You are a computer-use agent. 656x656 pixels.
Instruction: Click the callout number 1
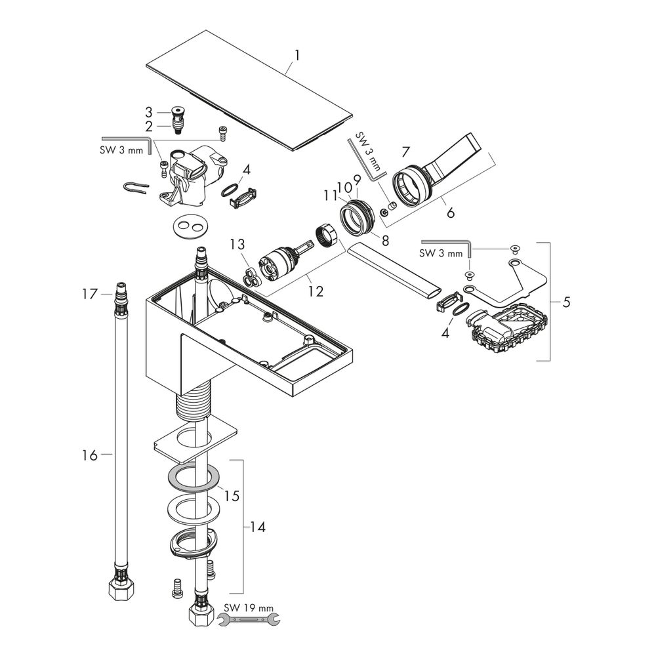pos(297,56)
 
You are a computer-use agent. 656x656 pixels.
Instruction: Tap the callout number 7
pos(405,152)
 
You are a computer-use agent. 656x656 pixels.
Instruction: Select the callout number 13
pos(237,244)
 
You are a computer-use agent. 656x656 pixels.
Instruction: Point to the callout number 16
pos(89,455)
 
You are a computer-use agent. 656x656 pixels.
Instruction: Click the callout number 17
pos(90,295)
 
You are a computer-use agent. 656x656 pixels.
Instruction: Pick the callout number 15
pos(232,496)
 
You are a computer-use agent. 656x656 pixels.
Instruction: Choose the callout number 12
pos(316,291)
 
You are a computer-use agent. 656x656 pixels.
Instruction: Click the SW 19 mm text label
pos(249,608)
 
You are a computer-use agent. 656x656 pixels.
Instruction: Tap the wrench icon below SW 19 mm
pos(249,620)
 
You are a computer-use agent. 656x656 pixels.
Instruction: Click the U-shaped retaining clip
pos(136,188)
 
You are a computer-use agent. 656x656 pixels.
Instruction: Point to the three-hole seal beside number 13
pos(251,277)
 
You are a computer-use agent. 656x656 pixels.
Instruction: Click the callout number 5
pos(565,302)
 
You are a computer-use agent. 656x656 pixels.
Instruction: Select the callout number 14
pos(258,527)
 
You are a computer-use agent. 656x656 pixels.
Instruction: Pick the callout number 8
pos(385,240)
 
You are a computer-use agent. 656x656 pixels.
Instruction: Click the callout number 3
pos(149,112)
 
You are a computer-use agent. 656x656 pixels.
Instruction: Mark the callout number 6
pos(450,213)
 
